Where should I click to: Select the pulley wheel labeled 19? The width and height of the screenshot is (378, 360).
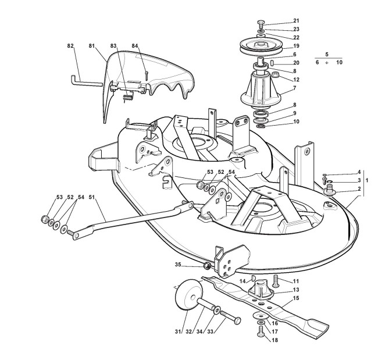259,46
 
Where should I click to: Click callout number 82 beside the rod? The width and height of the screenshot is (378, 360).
70,45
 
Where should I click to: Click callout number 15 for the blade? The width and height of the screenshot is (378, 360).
296,299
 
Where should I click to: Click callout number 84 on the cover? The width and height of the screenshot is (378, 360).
135,45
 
